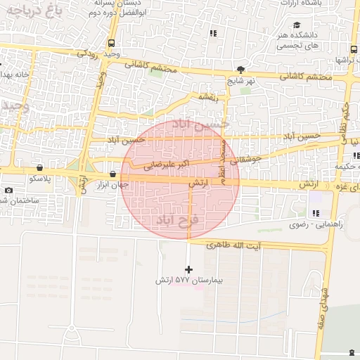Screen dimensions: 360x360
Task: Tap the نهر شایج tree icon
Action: point(241,70)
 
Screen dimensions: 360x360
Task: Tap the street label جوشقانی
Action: point(245,160)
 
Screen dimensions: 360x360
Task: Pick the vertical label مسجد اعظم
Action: point(223,162)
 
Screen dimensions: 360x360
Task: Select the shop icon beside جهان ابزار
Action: point(112,174)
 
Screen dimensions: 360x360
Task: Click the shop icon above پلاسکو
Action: point(38,168)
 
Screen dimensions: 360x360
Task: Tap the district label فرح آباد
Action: point(176,221)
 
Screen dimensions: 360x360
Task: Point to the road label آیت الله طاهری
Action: point(236,244)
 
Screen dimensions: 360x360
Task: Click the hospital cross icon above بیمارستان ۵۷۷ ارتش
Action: point(188,269)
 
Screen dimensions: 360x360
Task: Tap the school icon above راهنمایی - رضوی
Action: point(315,213)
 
